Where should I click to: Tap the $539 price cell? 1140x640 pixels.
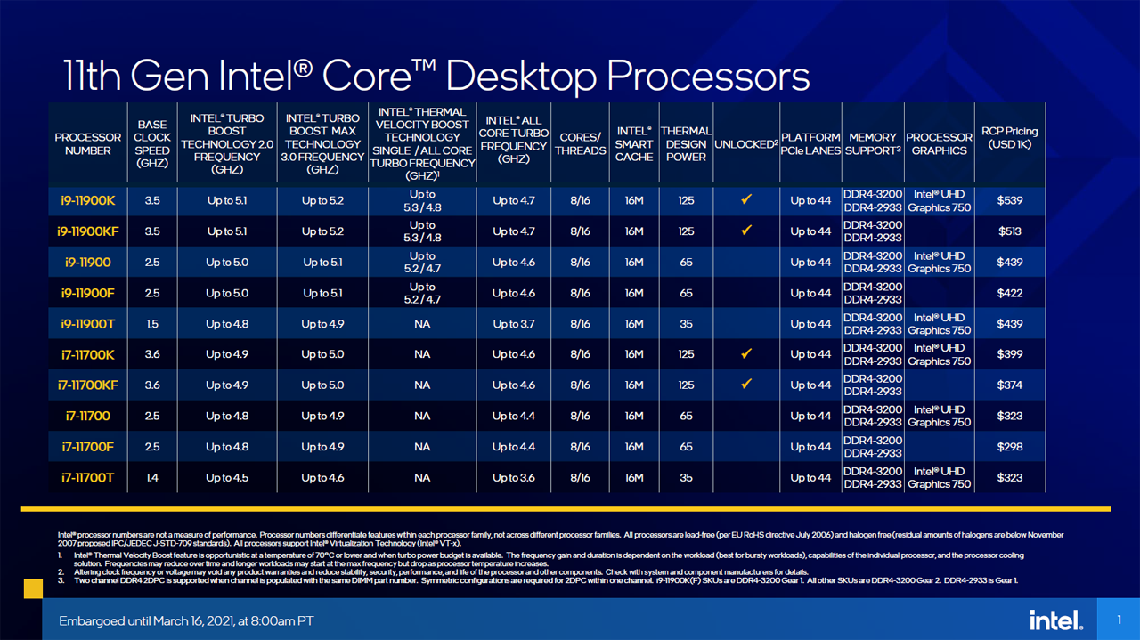[1010, 201]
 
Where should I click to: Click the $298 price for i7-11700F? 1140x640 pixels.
[1010, 447]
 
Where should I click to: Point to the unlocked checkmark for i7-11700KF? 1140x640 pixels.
[746, 385]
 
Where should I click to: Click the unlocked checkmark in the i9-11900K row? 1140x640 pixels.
[746, 200]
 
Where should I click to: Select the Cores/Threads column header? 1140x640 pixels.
[580, 144]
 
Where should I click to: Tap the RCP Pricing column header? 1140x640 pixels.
[1010, 138]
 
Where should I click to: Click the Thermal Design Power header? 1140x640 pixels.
[686, 144]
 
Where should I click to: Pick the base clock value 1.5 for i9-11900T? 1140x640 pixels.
[152, 324]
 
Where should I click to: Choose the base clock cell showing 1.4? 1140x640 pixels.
[152, 478]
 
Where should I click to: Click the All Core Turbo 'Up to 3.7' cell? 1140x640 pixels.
[514, 324]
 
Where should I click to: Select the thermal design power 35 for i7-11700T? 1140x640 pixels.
[686, 478]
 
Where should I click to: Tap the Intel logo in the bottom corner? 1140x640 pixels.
[1056, 620]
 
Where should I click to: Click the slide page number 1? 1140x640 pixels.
[1120, 620]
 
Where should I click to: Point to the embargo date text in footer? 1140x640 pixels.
[186, 620]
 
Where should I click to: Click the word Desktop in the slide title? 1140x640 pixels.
[536, 76]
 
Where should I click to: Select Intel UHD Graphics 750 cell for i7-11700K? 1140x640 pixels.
[939, 354]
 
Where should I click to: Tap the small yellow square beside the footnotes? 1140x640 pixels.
[32, 587]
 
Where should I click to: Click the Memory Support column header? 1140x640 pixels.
[872, 144]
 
